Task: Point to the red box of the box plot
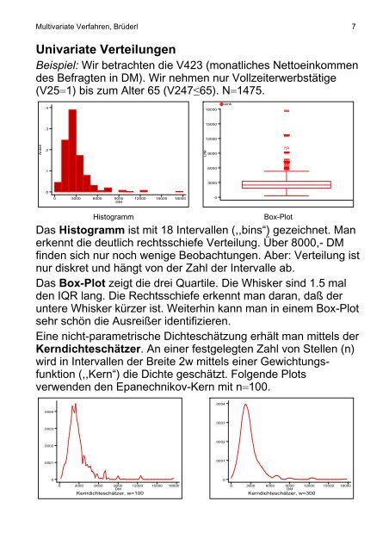tap(286, 184)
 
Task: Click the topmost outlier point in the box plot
tap(286, 111)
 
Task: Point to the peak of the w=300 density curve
tap(247, 405)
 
